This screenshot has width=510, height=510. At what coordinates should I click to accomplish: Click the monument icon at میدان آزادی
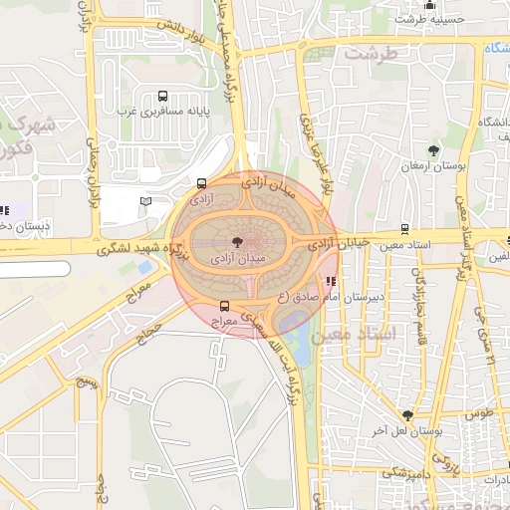(236, 241)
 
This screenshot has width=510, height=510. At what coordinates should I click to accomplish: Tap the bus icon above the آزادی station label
(202, 183)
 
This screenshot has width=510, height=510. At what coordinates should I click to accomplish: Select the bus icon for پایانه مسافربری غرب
(162, 97)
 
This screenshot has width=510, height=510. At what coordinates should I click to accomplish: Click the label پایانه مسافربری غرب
(161, 113)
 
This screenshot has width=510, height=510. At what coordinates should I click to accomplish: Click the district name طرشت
(371, 54)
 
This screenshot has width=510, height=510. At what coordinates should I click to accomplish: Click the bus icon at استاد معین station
(404, 228)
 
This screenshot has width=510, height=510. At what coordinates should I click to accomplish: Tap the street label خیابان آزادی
(339, 242)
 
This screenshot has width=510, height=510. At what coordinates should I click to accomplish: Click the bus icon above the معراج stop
(223, 307)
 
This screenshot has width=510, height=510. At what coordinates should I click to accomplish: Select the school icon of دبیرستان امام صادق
(331, 280)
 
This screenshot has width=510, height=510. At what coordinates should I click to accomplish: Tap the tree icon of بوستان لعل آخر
(407, 415)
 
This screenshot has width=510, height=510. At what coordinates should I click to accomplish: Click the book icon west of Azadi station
(146, 202)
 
